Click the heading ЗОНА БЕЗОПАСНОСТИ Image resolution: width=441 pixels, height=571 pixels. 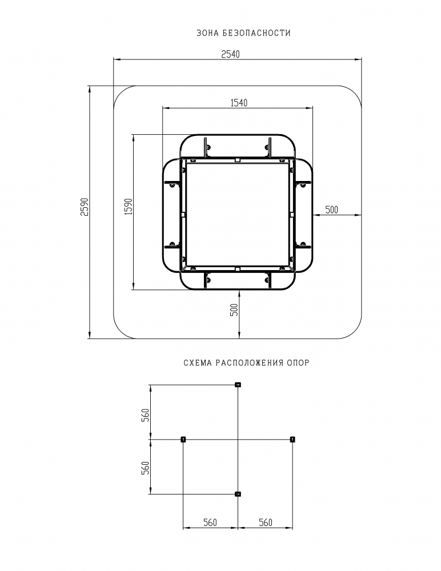243,33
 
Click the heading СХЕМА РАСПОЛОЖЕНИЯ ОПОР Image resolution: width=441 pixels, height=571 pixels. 246,363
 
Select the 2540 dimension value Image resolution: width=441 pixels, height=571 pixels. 231,54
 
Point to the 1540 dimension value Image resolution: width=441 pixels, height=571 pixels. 239,103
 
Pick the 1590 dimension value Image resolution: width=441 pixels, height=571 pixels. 129,207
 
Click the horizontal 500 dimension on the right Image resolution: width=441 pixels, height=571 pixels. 331,210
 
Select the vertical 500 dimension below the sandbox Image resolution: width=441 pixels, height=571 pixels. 234,309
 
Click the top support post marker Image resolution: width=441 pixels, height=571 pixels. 238,384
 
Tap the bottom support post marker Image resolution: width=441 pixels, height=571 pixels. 238,494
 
